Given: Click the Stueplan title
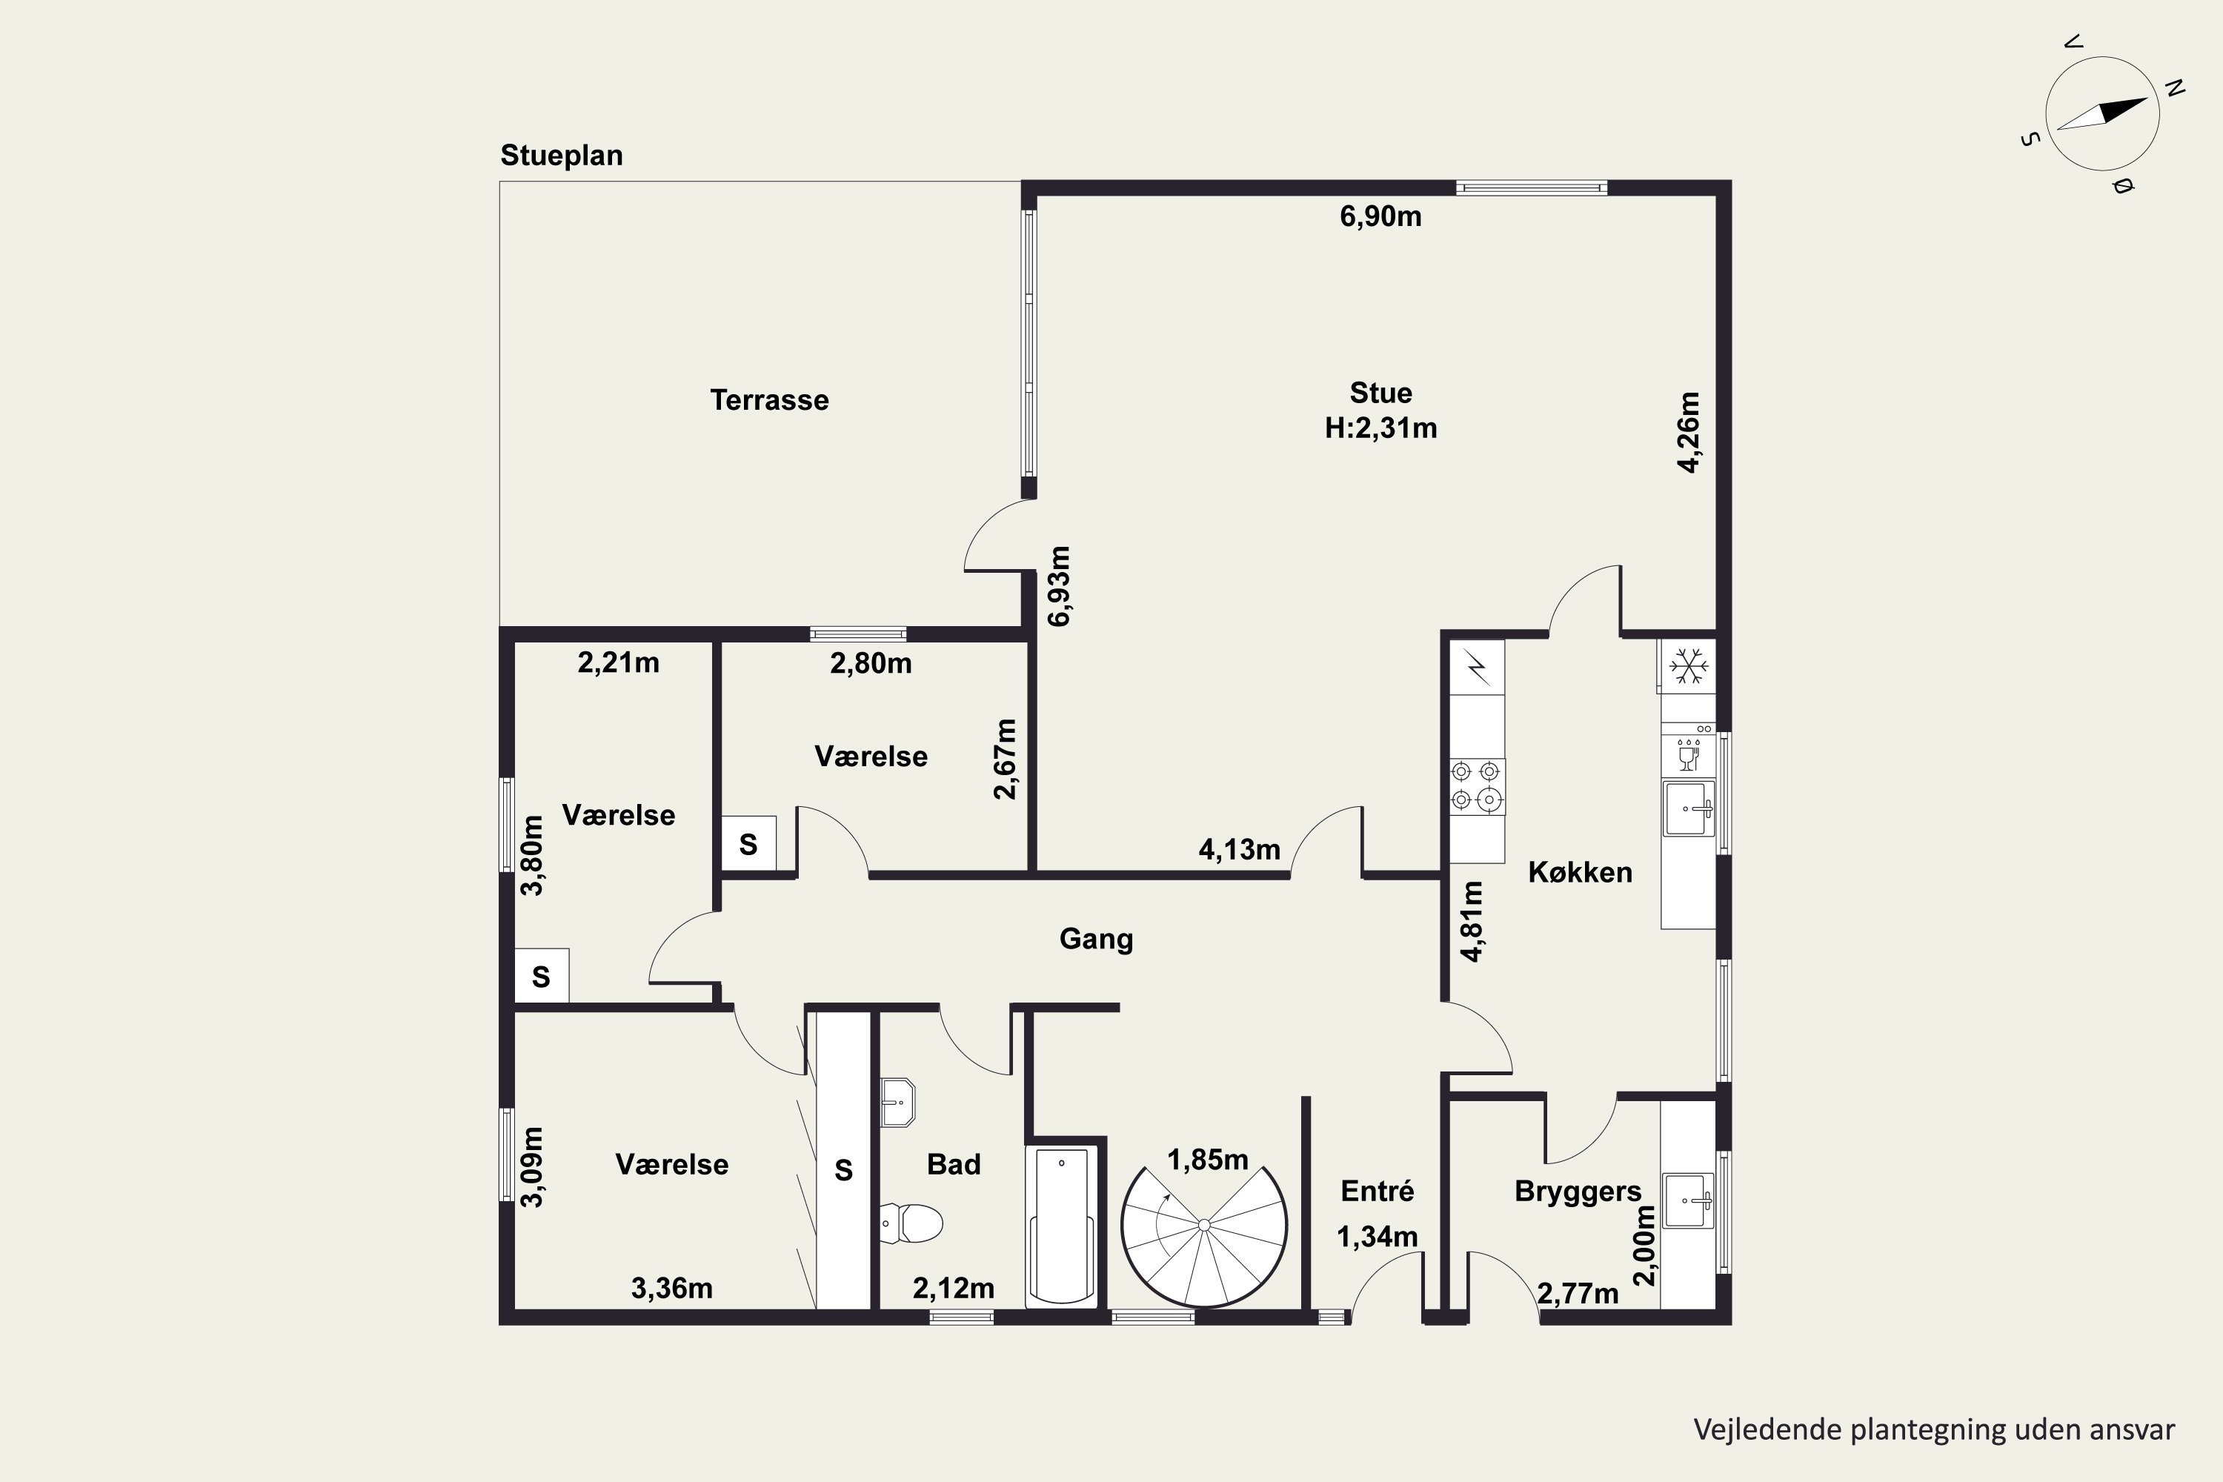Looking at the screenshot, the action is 562,156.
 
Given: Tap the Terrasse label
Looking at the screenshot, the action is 769,400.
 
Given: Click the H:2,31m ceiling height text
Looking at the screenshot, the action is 1381,428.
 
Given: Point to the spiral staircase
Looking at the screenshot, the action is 1204,1225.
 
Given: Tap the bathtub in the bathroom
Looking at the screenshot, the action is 1061,1226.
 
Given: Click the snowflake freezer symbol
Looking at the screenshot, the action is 1688,666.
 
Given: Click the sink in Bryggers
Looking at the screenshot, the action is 1689,1200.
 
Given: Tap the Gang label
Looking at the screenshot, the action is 1097,939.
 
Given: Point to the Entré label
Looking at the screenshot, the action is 1377,1190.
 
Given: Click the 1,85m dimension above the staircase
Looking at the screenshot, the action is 1208,1160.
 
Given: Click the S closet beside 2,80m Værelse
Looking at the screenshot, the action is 748,843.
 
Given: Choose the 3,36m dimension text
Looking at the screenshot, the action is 672,1289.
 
